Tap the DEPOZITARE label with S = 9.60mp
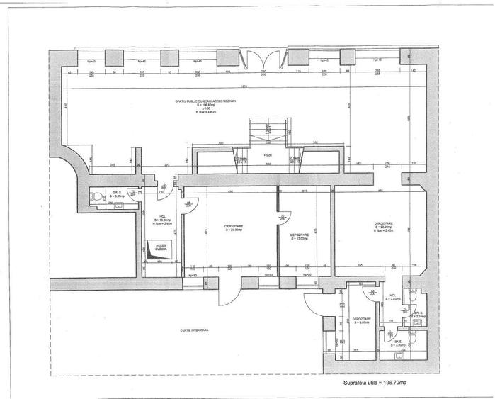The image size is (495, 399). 362,322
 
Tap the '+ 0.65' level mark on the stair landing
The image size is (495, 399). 267,154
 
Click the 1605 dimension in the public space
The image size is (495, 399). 243,86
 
